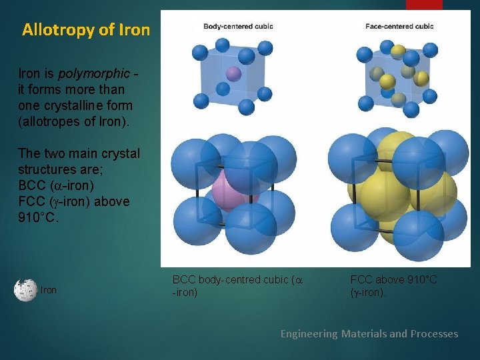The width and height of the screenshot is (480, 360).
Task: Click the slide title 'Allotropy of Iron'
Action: [85, 30]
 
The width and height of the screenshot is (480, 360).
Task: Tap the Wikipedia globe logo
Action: [25, 290]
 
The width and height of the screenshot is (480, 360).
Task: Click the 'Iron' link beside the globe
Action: [49, 291]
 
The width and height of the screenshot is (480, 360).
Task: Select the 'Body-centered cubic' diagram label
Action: [238, 27]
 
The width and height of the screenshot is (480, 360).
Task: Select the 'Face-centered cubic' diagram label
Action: [399, 27]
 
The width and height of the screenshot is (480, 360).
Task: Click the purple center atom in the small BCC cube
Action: [233, 73]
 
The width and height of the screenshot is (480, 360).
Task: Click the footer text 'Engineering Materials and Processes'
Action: [369, 333]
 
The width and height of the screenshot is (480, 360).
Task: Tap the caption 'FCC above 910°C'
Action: [393, 279]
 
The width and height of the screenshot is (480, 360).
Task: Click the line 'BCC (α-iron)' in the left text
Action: [56, 185]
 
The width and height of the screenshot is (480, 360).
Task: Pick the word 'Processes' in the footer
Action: [434, 333]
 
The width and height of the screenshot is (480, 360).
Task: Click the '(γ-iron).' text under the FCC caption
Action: [368, 292]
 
